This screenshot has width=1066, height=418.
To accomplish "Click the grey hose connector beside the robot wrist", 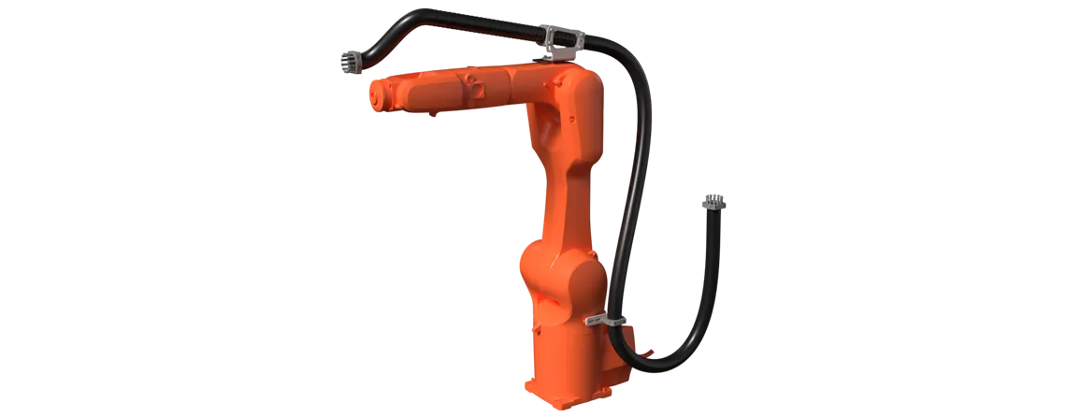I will point(349,64).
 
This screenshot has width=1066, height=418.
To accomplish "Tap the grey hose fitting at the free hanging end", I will point(712,199).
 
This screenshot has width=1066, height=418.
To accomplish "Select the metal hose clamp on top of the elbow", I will point(560,40).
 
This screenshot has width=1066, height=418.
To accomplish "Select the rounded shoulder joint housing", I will point(561,276).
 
